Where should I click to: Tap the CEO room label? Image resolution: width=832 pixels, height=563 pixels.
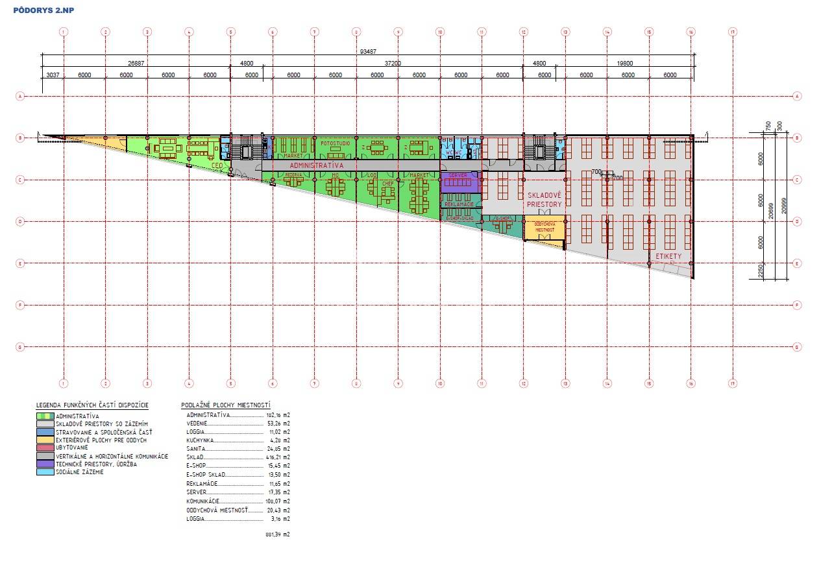coord(217,165)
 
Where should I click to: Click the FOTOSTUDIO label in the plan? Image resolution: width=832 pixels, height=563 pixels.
coord(334,141)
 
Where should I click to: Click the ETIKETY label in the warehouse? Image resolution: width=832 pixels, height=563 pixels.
coord(668,257)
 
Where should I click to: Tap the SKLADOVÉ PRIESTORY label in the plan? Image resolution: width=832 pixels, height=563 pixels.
coord(544,199)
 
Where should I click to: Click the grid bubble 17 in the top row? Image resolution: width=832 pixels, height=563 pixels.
coord(733,31)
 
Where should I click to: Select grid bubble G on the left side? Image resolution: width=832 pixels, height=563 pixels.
coord(21,347)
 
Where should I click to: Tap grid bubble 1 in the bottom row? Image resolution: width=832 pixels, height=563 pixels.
coord(64,382)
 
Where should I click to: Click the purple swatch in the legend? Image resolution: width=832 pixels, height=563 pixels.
coord(45,464)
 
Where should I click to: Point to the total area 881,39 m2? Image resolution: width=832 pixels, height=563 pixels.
coord(276,535)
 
